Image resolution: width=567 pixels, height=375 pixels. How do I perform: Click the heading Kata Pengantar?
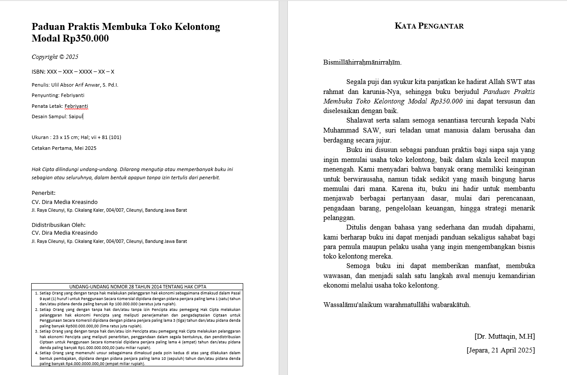pos(429,26)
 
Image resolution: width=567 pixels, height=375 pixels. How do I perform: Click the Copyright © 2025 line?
pos(55,57)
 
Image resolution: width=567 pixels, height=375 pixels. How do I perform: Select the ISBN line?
pos(73,71)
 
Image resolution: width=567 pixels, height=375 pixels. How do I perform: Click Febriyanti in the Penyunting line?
pos(72,95)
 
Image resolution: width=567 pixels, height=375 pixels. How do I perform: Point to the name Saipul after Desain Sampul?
pos(75,116)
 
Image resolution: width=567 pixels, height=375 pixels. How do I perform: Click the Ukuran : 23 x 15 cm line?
pos(76,137)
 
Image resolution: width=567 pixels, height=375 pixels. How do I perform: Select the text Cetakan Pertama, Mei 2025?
pos(64,148)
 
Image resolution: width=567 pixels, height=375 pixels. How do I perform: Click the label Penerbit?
pos(44,193)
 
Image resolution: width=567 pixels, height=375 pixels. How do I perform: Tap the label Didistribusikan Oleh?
pos(59,225)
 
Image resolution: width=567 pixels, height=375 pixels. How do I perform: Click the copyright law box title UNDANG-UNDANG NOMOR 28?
pos(137,287)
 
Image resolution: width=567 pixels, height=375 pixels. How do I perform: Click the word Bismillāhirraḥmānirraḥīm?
pos(362,62)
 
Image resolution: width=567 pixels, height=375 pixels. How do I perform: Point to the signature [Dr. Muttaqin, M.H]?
pos(505,336)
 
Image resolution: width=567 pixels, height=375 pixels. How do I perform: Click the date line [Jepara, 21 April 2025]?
pos(501,350)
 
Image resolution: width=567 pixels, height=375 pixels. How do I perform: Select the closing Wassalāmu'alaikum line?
pos(397,305)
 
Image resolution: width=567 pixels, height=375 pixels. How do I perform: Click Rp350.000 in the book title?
pos(86,39)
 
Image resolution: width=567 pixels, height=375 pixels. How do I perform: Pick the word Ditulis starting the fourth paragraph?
pos(356,228)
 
